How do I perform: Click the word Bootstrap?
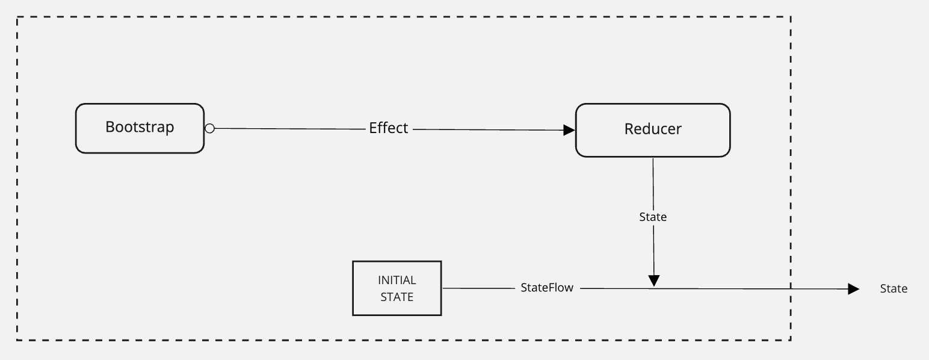pos(140,127)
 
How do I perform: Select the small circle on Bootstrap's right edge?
pos(210,129)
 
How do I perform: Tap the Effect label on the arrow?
pos(389,128)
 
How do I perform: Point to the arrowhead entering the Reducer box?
pos(569,130)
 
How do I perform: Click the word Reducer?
pos(653,129)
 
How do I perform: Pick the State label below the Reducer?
pos(653,217)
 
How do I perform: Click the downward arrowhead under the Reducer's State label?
pos(654,281)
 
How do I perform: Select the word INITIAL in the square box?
pos(397,281)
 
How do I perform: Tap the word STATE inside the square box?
pos(397,297)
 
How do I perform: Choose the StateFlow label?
pos(547,287)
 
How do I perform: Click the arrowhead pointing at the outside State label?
pos(854,289)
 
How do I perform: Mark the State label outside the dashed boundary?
pos(894,289)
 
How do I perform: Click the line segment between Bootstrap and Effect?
pos(290,129)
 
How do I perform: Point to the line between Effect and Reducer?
pos(488,130)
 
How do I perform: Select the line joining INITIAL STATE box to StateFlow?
pos(478,288)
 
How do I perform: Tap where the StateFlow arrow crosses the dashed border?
pos(791,289)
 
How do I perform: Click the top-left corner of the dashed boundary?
pos(17,17)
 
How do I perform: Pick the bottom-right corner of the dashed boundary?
pos(791,341)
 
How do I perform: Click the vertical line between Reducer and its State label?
pos(653,184)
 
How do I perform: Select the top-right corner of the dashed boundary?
pos(791,17)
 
